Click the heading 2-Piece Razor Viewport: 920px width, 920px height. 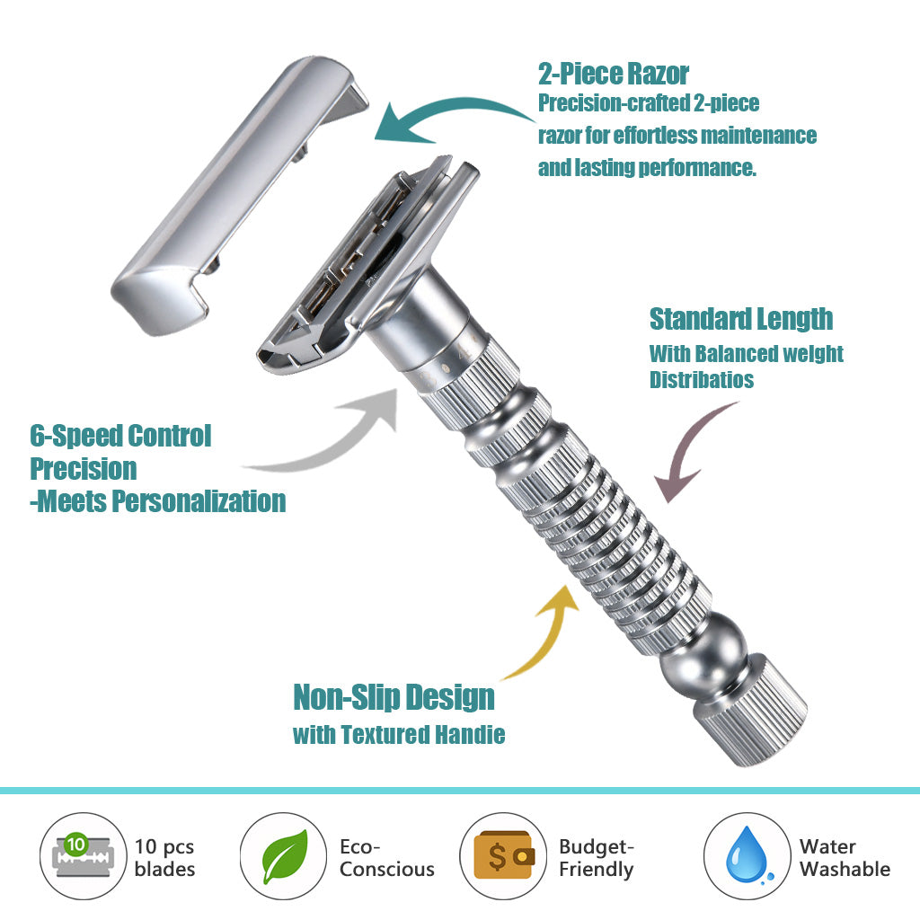click(614, 74)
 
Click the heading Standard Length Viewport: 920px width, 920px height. click(740, 319)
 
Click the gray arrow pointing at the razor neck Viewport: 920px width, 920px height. click(332, 440)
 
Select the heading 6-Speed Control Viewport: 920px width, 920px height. click(120, 437)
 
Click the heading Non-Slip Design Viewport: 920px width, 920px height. click(394, 697)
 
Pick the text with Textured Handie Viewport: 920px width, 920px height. click(399, 735)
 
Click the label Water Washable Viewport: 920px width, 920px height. click(844, 857)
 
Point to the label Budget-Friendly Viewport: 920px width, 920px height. click(597, 857)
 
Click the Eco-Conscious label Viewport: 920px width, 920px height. click(386, 857)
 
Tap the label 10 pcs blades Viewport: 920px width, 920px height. click(164, 857)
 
